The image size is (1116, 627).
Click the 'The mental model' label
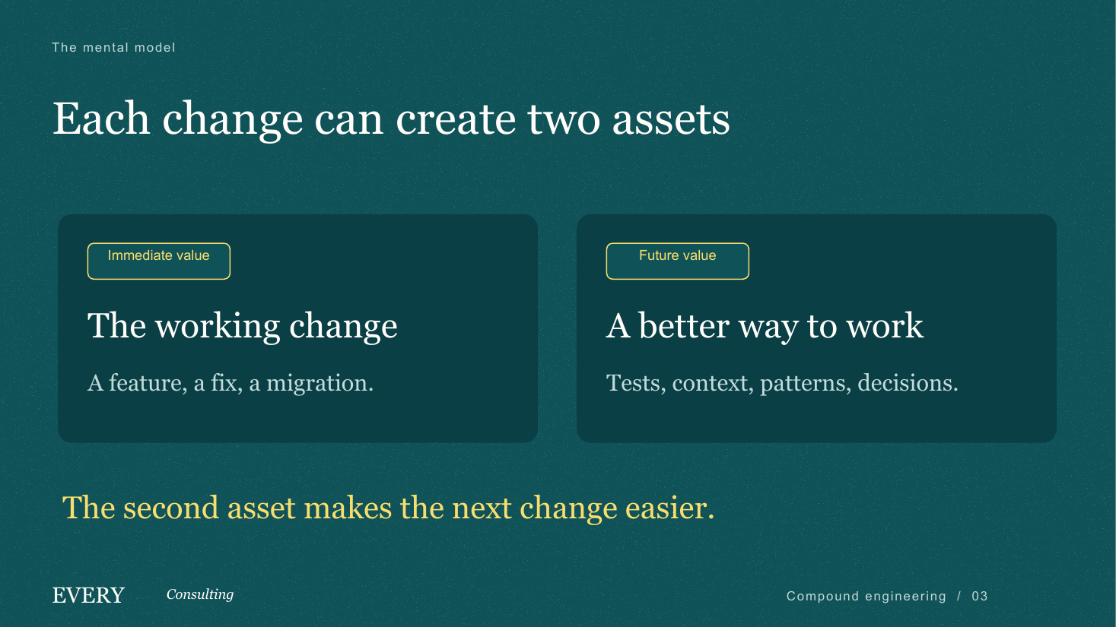[113, 47]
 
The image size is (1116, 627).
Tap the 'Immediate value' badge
[159, 261]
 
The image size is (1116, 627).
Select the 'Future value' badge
[678, 261]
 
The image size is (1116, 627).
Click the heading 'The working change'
[243, 327]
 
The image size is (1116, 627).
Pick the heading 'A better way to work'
[765, 327]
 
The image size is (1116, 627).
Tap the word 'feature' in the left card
[145, 383]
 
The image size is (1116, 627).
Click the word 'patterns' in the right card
[803, 384]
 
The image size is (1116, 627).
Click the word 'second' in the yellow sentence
[171, 508]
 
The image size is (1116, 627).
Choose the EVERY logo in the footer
[88, 596]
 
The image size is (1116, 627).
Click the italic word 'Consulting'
[200, 594]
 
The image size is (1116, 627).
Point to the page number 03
[980, 596]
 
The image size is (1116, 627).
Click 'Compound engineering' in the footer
[866, 597]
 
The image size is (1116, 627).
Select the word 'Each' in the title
[101, 119]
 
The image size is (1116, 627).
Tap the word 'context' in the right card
[710, 384]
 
